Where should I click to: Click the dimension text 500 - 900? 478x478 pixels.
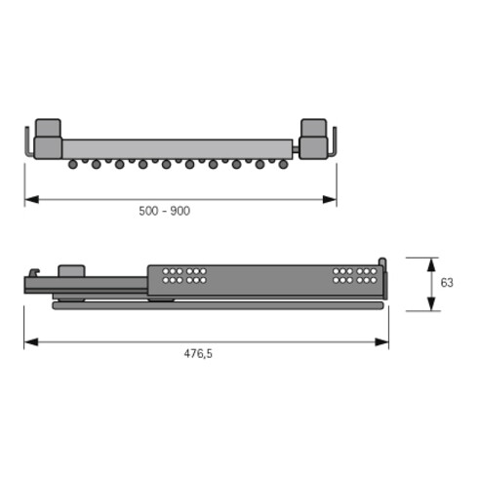(164, 212)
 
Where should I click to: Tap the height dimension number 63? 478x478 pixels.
(447, 283)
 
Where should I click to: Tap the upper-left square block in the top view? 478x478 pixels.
(48, 128)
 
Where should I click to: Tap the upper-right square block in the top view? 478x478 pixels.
(313, 128)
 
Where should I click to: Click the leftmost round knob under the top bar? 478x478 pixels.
(73, 165)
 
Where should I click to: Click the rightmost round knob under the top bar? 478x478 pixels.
(283, 165)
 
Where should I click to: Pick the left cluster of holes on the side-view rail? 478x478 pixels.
(183, 275)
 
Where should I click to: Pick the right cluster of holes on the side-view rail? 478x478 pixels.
(354, 275)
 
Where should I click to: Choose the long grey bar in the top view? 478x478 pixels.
(180, 148)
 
